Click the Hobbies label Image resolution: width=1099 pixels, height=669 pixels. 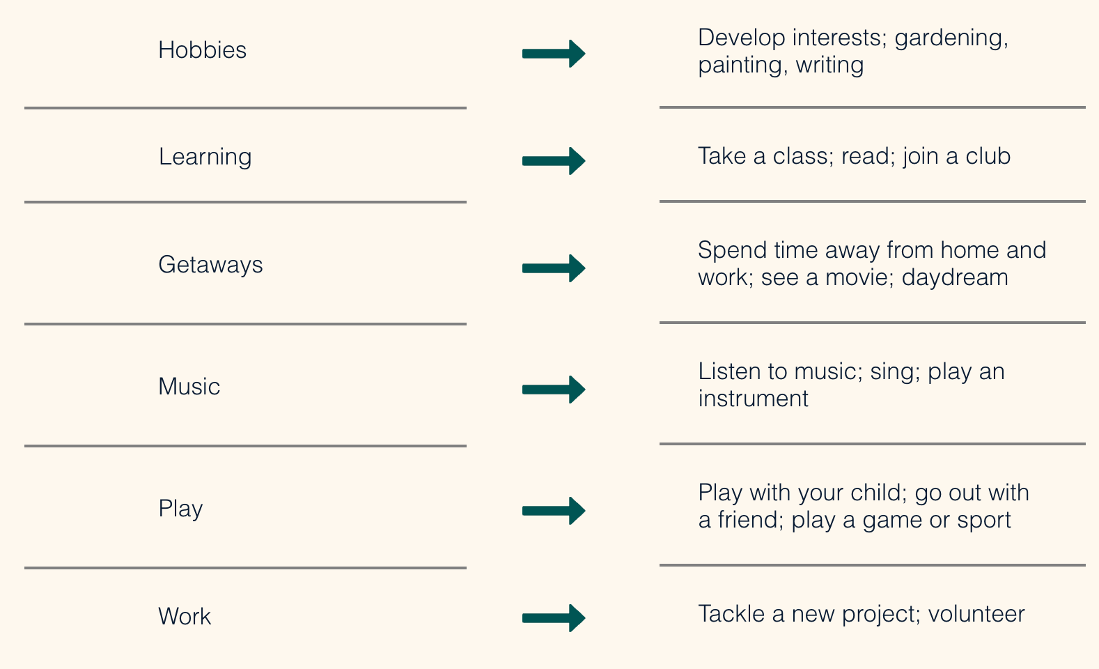(x=202, y=49)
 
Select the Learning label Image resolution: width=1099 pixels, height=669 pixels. (x=205, y=157)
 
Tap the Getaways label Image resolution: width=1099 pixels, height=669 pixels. (x=210, y=265)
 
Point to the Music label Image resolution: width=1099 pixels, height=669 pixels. (x=189, y=386)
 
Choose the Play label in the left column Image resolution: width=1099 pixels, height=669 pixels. (x=180, y=509)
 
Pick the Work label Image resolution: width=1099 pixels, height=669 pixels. (x=185, y=616)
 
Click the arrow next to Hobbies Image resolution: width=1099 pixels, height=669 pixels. (x=554, y=54)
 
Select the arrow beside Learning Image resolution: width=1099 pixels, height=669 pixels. (x=554, y=160)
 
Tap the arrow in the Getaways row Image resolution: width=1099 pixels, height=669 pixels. (x=554, y=268)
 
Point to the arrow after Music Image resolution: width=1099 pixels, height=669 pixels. (x=554, y=390)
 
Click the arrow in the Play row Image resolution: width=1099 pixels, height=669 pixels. (x=554, y=511)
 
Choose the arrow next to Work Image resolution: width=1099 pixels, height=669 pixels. (x=554, y=617)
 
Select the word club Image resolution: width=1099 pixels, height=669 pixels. (x=988, y=155)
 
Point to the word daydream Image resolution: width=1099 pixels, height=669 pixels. (x=955, y=277)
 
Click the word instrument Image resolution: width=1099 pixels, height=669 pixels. (x=753, y=399)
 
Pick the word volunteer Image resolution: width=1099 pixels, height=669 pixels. (x=976, y=613)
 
